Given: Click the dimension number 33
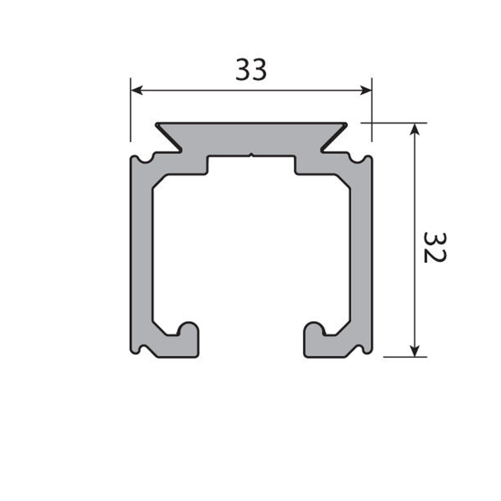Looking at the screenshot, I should point(251,70).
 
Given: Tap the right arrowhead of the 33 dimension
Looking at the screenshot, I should point(367,90).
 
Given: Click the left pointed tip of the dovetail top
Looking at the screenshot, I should point(157,124).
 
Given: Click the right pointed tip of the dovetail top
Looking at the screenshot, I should point(346,124).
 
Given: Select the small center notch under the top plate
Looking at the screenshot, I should point(251,156).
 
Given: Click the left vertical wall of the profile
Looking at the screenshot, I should point(141,250).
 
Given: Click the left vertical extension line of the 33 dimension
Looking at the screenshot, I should point(130,110).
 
